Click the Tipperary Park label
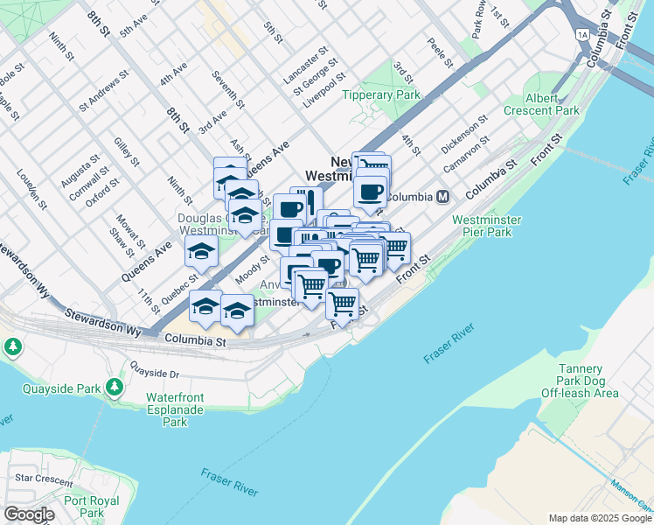pos(382,94)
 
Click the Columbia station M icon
pos(444,197)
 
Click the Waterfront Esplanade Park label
pos(175,409)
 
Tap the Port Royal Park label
pos(84,507)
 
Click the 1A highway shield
pos(582,35)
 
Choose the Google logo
pos(30,514)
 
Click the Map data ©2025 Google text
pos(599,518)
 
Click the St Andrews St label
pos(103,87)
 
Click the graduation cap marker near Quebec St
pos(202,252)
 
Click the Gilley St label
pos(126,151)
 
